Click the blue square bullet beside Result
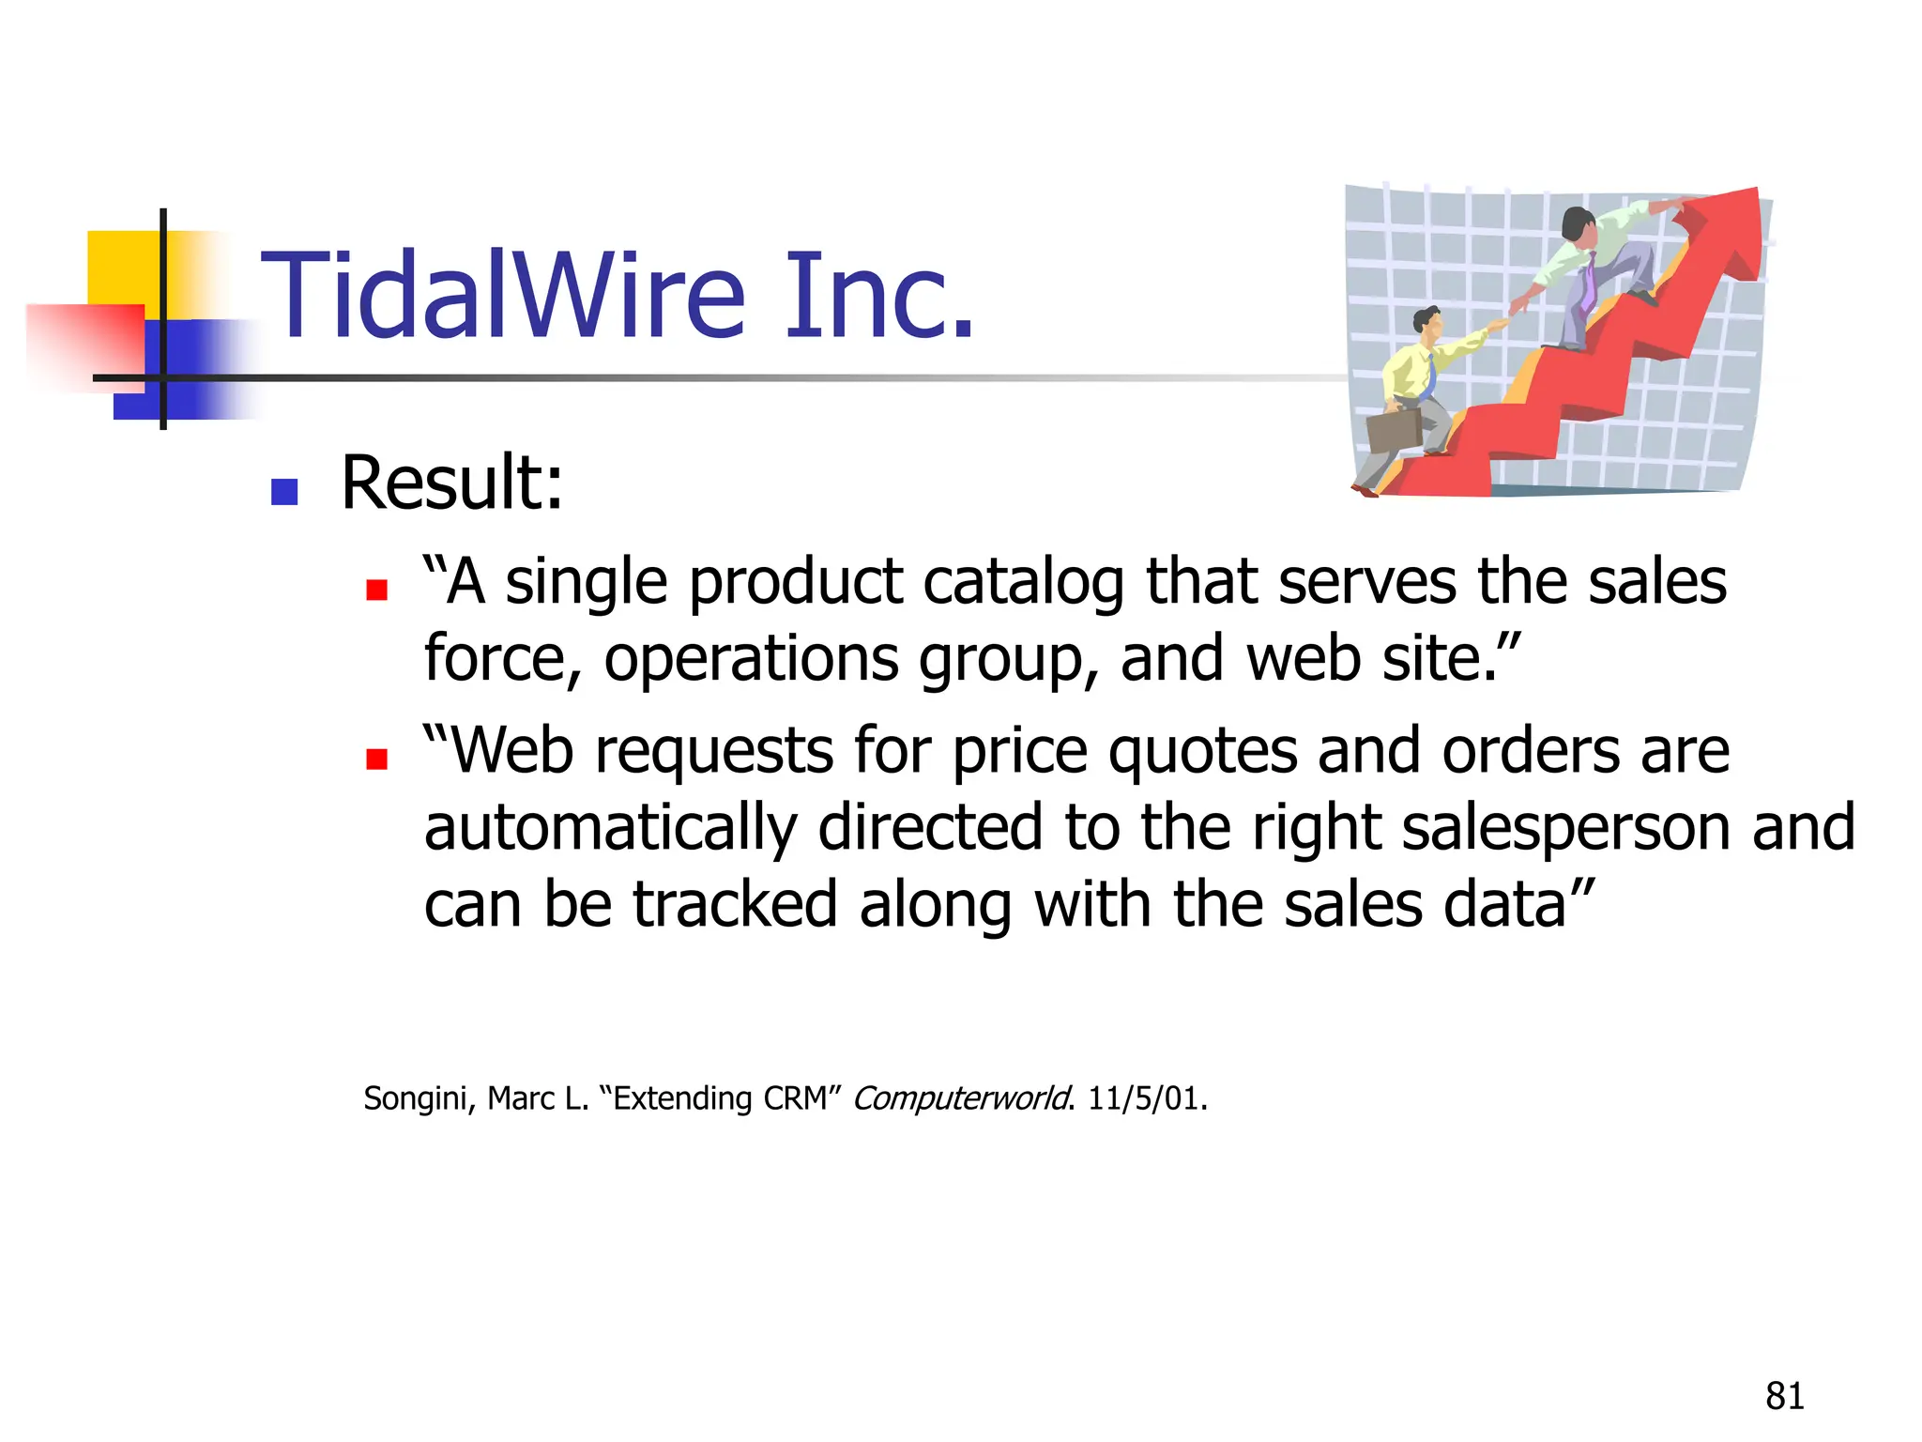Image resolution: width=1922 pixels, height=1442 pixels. [283, 491]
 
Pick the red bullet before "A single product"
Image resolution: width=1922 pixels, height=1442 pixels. [376, 590]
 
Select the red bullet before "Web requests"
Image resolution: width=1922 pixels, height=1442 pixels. [376, 759]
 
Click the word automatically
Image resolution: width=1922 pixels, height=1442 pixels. [610, 828]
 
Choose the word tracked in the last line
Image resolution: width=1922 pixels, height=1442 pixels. [735, 904]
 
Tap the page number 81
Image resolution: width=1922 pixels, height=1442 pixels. [1784, 1396]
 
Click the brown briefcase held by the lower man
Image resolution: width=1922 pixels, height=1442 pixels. [1394, 429]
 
